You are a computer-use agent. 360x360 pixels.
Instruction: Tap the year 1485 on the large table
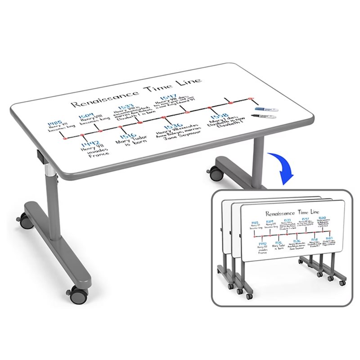[54, 122]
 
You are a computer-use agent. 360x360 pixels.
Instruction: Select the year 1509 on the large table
[87, 116]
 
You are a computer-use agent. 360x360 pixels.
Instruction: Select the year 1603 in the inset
[329, 238]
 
